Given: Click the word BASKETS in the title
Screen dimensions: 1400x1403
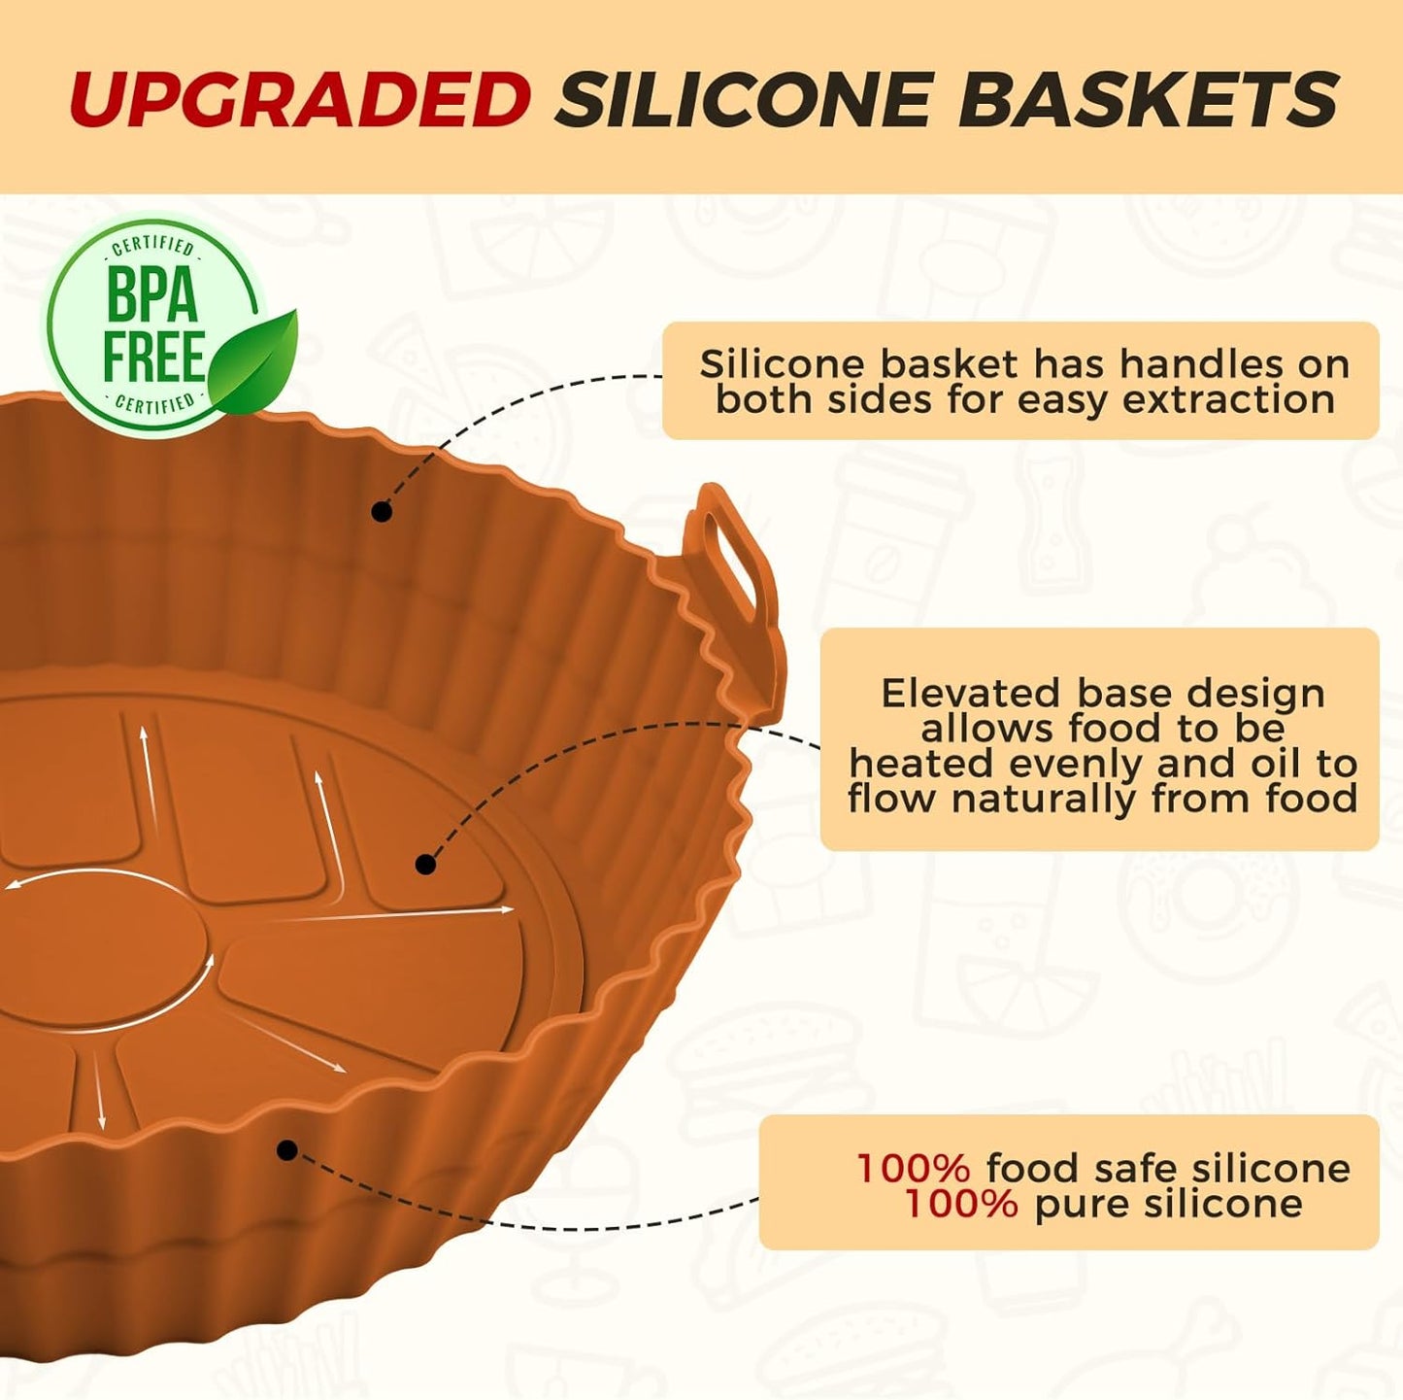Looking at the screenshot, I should pos(1149,99).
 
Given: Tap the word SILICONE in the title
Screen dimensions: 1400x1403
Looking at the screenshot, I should pos(744,99).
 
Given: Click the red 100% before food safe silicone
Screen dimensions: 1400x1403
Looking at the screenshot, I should pos(913,1168).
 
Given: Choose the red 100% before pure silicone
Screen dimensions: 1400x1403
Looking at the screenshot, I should pos(960,1204).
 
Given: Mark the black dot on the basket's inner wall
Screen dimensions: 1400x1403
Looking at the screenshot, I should pos(382,511).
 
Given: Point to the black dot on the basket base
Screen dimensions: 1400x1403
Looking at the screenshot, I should pos(425,864).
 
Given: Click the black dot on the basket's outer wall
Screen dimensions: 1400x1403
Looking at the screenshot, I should pos(286,1150).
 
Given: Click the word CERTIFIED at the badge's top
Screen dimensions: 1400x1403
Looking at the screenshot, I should pos(153,247).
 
